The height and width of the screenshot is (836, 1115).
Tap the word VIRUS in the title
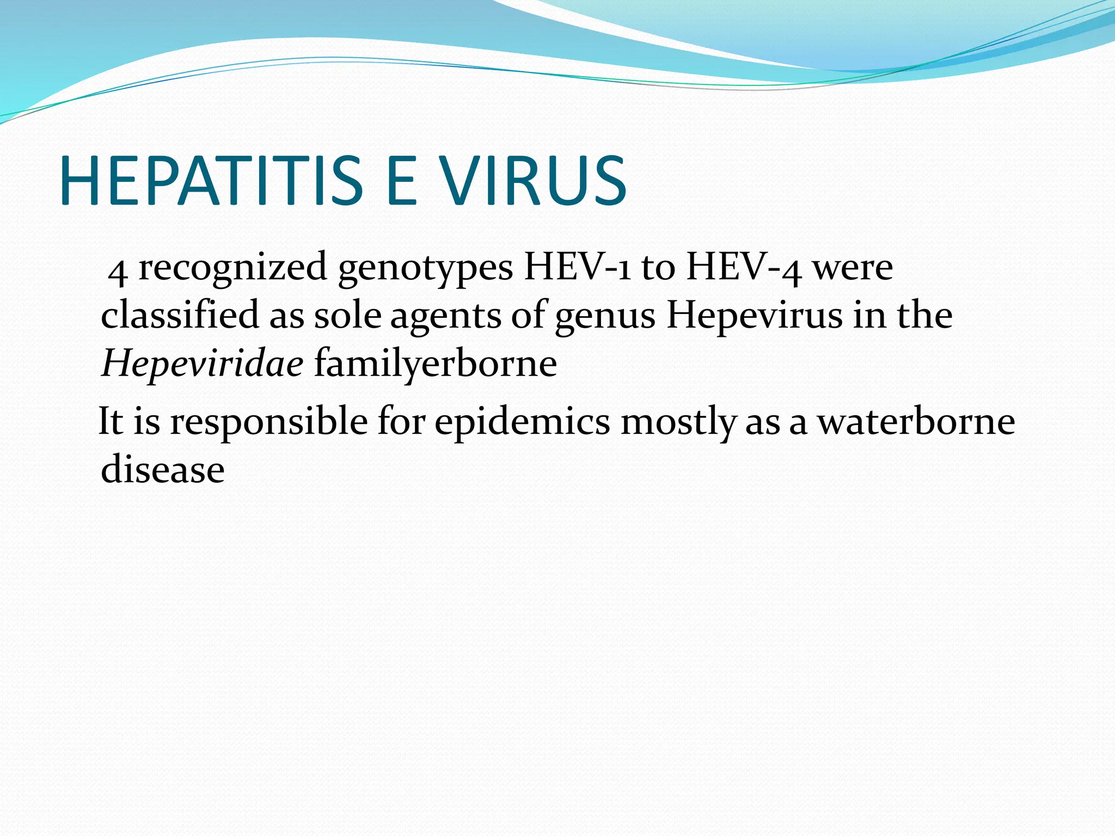[x=533, y=181]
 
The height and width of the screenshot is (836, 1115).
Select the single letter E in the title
[x=401, y=181]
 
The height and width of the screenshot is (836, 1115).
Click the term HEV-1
[x=577, y=268]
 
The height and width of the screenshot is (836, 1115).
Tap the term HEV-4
[x=744, y=268]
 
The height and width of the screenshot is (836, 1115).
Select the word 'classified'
[x=180, y=315]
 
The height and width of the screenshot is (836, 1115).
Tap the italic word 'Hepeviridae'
[x=202, y=364]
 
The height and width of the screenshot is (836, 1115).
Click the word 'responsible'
[x=269, y=422]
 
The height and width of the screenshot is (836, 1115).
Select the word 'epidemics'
[x=522, y=422]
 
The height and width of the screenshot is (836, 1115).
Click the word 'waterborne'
[x=917, y=421]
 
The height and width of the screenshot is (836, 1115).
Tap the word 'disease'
[x=163, y=469]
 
